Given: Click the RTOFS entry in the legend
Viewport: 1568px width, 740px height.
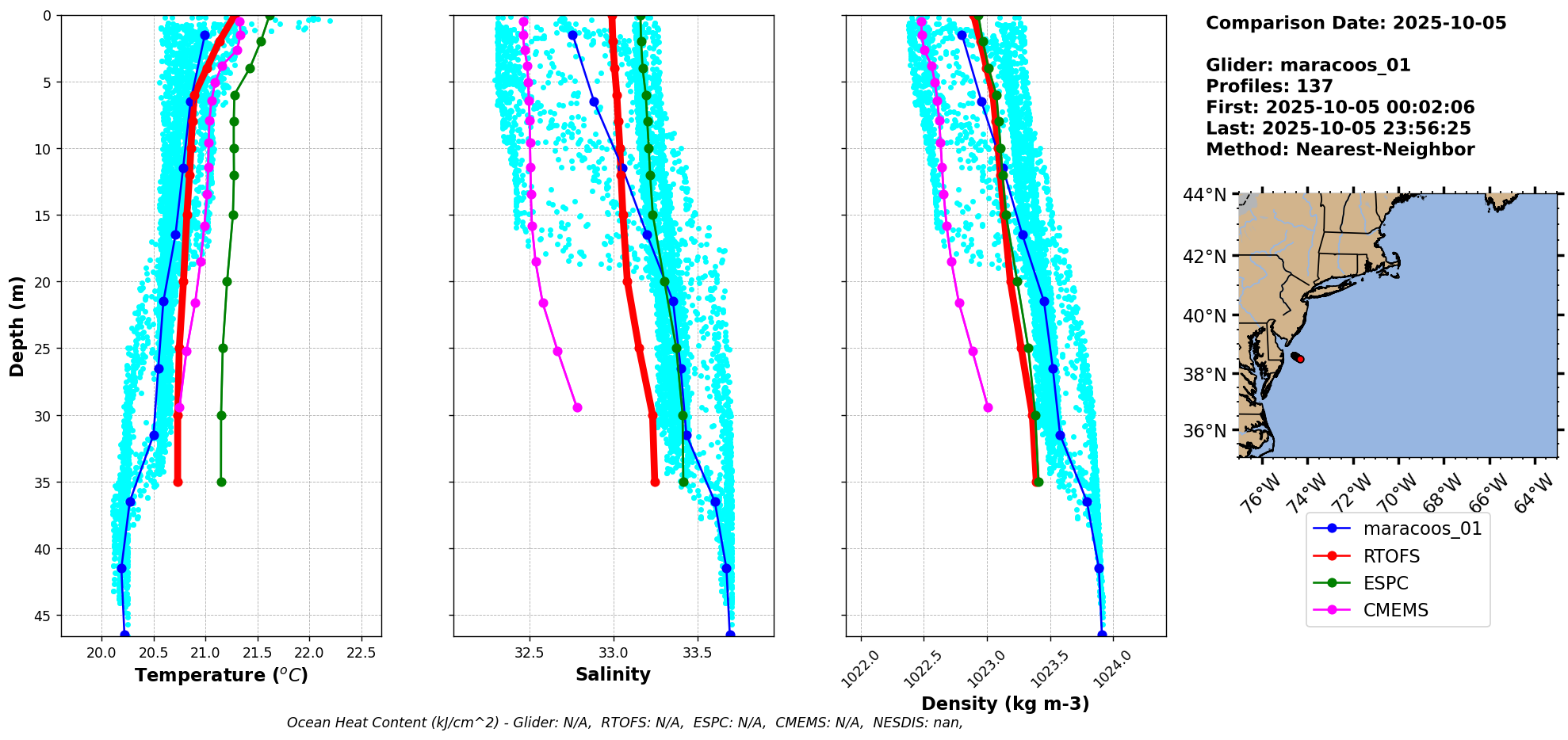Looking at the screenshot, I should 1391,556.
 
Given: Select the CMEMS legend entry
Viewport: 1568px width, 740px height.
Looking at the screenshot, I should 1395,610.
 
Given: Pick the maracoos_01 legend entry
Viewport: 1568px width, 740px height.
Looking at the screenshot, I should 1422,528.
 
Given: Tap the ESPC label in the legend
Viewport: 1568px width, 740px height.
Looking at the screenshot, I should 1386,583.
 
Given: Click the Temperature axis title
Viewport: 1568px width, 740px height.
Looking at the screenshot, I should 221,675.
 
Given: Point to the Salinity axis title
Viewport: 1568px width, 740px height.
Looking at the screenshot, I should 613,674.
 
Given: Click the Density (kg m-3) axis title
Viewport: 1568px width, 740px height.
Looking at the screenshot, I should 1005,704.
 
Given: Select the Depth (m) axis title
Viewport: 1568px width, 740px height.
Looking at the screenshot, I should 17,326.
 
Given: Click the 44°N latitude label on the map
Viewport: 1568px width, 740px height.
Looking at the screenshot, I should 1204,195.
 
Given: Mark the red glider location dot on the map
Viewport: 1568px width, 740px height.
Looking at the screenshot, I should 1300,359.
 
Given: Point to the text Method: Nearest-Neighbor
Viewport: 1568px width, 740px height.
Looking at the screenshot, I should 1340,150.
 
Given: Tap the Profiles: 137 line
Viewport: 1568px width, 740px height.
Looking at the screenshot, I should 1269,86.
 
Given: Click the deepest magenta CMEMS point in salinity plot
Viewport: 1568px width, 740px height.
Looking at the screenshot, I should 577,407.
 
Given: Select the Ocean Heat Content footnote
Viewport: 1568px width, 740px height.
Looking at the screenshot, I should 625,723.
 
